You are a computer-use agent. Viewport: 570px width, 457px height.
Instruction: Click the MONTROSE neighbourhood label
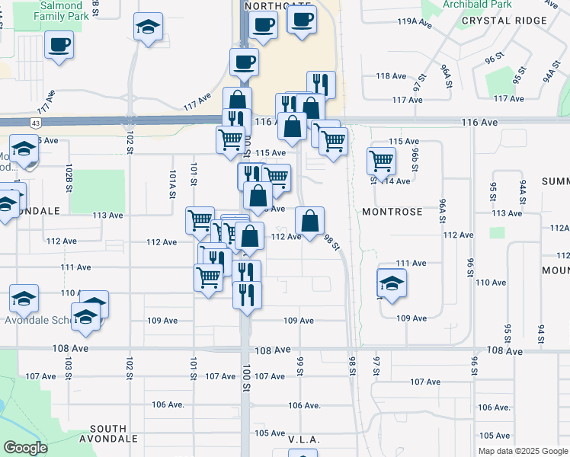click(392, 211)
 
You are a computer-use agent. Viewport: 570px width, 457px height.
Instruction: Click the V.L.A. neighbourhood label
click(303, 440)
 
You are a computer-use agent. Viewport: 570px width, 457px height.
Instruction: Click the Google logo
click(25, 448)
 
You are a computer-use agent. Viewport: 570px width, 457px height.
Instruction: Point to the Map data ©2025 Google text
click(523, 451)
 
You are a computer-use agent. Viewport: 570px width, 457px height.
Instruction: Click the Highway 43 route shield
click(37, 123)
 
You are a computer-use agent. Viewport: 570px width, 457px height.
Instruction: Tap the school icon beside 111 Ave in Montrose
click(392, 283)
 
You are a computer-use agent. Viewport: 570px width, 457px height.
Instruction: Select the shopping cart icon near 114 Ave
click(380, 160)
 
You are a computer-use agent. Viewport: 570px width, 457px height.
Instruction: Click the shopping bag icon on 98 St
click(309, 222)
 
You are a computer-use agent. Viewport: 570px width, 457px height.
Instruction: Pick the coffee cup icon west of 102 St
click(59, 44)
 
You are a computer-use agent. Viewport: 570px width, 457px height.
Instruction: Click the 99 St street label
click(300, 366)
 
